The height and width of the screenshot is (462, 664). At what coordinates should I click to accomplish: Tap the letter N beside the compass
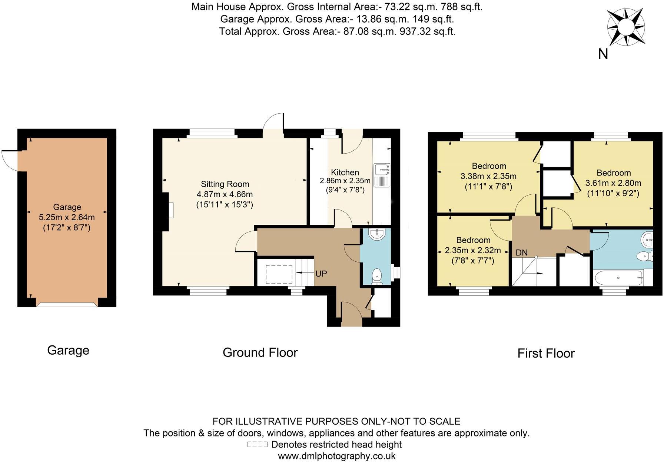pos(603,54)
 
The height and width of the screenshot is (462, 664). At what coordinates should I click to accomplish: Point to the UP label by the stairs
pos(321,274)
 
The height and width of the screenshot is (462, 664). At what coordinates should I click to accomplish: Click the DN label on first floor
pos(521,253)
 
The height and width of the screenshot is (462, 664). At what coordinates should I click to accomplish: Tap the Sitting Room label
pos(225,184)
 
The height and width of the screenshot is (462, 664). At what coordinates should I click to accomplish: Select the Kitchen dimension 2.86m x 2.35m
pos(345,181)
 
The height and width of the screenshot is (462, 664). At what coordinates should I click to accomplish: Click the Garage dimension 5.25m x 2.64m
pos(67,217)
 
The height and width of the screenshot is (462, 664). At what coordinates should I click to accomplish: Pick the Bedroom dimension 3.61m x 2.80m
pos(613,183)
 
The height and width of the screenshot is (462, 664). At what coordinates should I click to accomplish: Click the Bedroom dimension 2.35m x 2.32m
pos(473,251)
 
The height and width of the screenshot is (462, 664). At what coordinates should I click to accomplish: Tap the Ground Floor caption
pos(260,352)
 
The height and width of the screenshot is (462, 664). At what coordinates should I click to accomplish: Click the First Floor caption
pos(546,353)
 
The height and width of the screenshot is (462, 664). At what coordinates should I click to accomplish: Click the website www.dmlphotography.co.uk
pos(336,456)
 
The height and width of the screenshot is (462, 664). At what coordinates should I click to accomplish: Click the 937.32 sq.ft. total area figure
pos(428,31)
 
